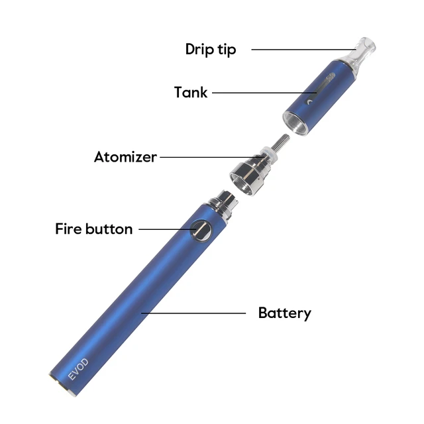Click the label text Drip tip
[x=210, y=49]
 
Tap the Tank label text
[x=191, y=92]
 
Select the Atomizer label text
[x=125, y=157]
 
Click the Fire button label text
[x=93, y=229]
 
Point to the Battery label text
[x=284, y=313]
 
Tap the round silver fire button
[x=200, y=230]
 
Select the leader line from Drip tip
[x=298, y=49]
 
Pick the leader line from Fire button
[x=166, y=229]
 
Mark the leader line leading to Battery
[x=192, y=313]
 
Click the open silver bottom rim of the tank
[x=298, y=123]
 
